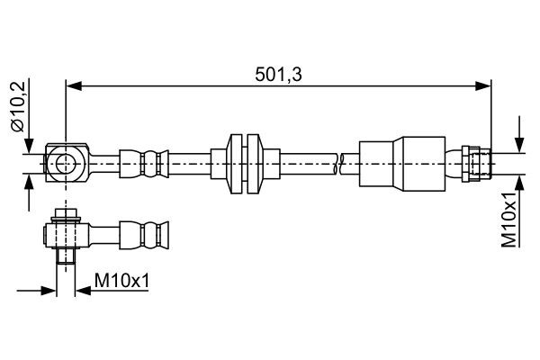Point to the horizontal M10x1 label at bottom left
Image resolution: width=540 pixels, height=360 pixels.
click(121, 282)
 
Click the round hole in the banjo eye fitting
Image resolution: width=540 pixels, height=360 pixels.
click(67, 162)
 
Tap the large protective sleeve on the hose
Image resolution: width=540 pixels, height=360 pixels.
click(402, 163)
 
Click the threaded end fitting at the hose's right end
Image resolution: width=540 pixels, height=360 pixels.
click(476, 163)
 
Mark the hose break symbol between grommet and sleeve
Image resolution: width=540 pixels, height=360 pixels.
click(339, 163)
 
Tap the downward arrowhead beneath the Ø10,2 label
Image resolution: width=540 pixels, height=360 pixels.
click(29, 147)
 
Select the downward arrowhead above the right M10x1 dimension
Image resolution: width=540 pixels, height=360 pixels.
click(518, 147)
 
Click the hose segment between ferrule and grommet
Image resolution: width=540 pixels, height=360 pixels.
click(189, 163)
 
